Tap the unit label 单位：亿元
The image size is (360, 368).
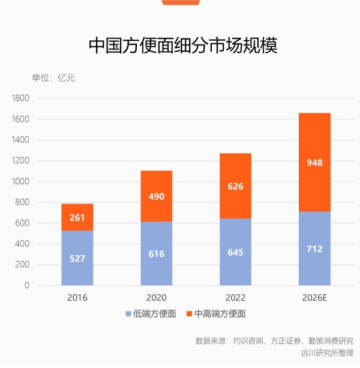coord(53,78)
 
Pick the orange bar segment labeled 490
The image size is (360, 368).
coord(156,196)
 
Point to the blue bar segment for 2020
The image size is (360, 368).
coord(156,253)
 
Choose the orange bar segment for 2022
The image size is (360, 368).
coord(235,186)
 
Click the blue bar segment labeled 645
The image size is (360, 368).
coord(235,252)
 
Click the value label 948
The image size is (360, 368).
coord(314,162)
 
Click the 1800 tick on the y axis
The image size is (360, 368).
coord(20,98)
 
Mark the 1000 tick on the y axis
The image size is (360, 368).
coord(20,181)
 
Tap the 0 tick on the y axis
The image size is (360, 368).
coord(27,286)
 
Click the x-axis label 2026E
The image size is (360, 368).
coord(314,298)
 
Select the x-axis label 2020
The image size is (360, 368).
coord(156,298)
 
